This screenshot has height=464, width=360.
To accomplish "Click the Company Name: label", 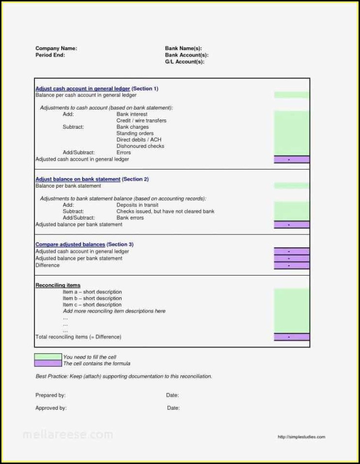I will tap(56, 49).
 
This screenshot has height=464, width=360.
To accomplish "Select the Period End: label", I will tap(50, 55).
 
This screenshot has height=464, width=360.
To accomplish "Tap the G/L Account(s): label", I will tap(185, 62).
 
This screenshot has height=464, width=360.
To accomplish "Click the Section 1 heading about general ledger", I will tap(97, 89).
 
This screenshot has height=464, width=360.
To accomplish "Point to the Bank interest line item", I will tap(132, 114).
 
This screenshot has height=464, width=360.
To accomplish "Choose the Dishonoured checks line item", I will tap(140, 146).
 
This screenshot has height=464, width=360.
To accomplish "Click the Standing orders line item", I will tap(135, 133).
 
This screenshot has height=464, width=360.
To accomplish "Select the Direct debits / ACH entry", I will tap(138, 140).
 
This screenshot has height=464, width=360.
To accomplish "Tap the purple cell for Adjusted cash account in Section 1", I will tap(291, 159).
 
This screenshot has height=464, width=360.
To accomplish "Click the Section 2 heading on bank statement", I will tap(92, 179).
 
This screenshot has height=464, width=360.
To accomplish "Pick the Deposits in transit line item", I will tap(137, 205).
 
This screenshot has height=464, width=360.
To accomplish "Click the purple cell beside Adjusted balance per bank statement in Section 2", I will tap(291, 224).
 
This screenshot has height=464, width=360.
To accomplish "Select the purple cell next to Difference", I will tap(291, 265).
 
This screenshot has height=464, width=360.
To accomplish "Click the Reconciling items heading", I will tap(58, 285).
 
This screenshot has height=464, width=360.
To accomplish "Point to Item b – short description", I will tap(92, 298).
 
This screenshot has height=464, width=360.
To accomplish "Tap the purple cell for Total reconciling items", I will tap(291, 337).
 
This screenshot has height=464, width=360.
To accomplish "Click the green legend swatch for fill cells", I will tap(48, 357).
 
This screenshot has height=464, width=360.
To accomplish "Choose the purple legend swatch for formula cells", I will tap(48, 363).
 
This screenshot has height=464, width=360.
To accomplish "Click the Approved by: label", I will tap(51, 408).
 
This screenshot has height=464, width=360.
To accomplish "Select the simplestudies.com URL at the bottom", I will tap(301, 437).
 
